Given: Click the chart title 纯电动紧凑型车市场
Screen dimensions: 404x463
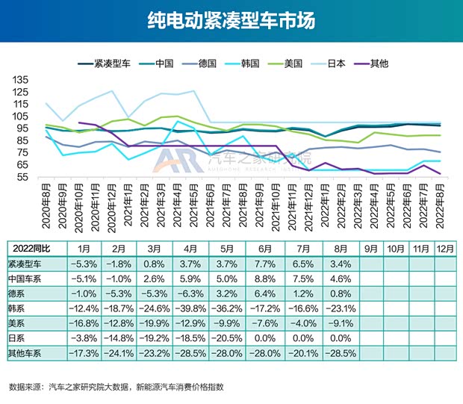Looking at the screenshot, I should (231, 20).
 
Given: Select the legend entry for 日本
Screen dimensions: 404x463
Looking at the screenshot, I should (337, 63).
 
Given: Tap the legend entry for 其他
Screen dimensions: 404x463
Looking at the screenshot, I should (379, 63).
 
